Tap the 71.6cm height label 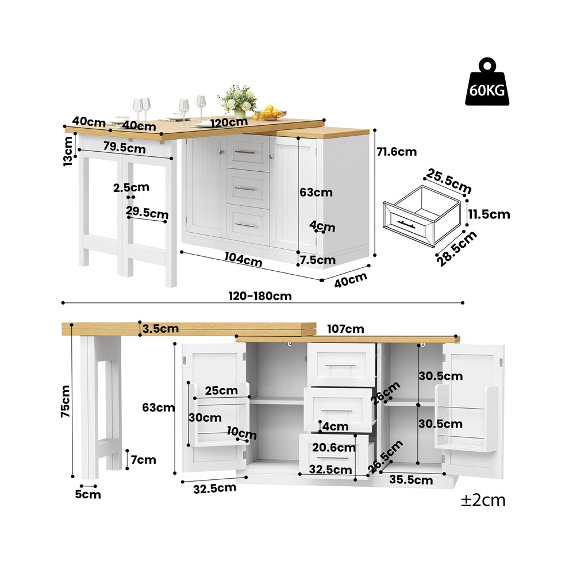pos(397,152)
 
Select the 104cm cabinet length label pos(243,259)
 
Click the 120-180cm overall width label pos(260,296)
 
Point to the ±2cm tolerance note pos(483,501)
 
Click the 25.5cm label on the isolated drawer pos(448,181)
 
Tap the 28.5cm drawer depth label pos(456,248)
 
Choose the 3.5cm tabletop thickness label pos(160,329)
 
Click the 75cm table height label pos(66,401)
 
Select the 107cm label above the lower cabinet pos(345,329)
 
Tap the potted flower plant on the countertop pos(238,101)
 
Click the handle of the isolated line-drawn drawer pos(406,224)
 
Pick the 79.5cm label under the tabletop pos(125,147)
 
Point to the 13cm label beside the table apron pos(68,151)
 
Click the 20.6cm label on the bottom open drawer pos(334,447)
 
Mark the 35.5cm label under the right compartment pos(411,480)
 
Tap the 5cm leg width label pos(88,494)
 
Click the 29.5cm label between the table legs pos(147,212)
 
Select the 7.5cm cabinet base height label pos(317,260)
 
